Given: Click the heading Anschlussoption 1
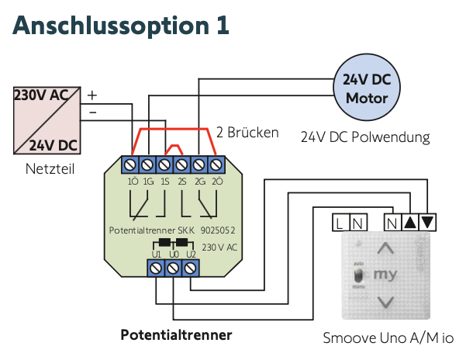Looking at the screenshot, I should (121, 25).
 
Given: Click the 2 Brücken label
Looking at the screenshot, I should (247, 133).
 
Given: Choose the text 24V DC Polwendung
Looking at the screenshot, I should (365, 137).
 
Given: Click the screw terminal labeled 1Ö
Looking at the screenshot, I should (130, 164).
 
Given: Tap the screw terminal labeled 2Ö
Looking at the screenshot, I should (217, 164).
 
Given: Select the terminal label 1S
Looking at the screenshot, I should (164, 181).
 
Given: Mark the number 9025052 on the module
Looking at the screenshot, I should (217, 231).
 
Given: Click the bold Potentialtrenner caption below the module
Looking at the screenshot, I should (176, 336).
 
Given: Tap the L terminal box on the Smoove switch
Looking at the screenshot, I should (340, 223).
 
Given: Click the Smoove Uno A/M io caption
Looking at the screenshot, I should (388, 338).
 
